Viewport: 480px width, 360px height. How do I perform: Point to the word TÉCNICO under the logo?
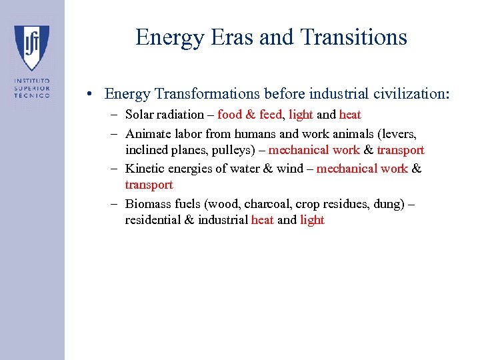(x=32, y=95)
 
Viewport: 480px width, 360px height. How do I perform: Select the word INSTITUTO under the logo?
(x=32, y=81)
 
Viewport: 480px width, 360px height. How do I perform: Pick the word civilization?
(x=409, y=94)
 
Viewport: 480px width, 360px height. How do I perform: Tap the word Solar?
(x=140, y=115)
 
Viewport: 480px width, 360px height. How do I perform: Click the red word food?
(x=230, y=115)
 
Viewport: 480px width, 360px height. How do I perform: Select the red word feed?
(x=270, y=115)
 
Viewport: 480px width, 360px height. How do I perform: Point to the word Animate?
(x=146, y=133)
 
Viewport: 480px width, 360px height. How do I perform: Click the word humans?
(x=238, y=133)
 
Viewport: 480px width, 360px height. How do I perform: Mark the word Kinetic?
(x=144, y=168)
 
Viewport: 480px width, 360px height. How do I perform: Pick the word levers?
(x=399, y=133)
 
